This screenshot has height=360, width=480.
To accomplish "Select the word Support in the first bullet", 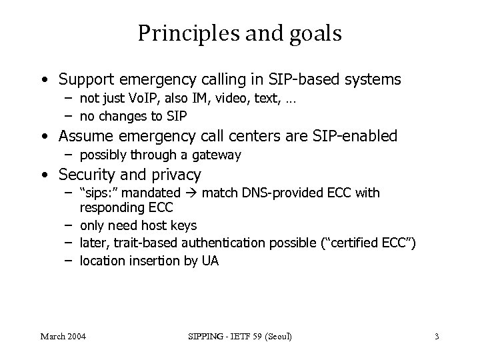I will [86, 80].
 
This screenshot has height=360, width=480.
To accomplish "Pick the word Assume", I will [84, 137].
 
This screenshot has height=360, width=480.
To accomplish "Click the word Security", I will [85, 175].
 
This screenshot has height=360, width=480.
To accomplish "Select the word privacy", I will [176, 176].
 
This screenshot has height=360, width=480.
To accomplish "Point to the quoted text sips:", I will [97, 193].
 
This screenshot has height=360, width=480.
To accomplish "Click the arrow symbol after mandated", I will [191, 193].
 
